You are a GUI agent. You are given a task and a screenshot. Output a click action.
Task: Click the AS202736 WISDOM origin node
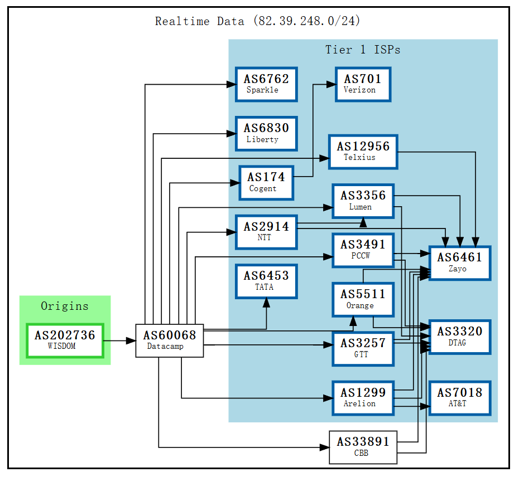(65, 340)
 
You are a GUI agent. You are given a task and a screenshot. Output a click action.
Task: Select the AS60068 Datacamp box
(169, 340)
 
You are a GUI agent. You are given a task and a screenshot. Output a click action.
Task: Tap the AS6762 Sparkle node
(266, 84)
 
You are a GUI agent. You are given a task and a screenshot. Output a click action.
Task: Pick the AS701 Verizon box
(362, 84)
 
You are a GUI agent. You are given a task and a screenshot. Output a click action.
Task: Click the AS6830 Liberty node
(266, 133)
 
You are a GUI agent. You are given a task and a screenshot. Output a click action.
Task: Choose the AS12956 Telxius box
(363, 152)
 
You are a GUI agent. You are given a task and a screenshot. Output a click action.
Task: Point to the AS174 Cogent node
(266, 182)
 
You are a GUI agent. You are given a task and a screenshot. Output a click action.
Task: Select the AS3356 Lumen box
(363, 201)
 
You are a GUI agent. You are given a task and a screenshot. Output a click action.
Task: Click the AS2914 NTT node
(266, 231)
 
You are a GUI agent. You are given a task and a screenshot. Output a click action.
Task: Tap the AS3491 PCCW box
(363, 250)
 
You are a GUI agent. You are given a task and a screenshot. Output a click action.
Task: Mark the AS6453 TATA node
(266, 281)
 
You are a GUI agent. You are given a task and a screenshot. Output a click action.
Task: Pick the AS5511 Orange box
(363, 299)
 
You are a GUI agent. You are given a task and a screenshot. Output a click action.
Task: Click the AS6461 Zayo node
(459, 262)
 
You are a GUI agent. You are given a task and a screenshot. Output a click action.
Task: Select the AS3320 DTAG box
(459, 337)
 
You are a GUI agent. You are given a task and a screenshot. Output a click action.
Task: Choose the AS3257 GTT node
(363, 349)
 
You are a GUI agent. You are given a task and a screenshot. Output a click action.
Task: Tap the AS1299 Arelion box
(363, 398)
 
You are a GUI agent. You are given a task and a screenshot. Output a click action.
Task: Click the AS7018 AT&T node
(459, 398)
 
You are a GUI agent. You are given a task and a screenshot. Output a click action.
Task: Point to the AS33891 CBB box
(363, 447)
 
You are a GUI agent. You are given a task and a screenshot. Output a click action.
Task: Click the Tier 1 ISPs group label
(363, 50)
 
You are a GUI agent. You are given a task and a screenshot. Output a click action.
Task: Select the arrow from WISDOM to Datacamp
(119, 340)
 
